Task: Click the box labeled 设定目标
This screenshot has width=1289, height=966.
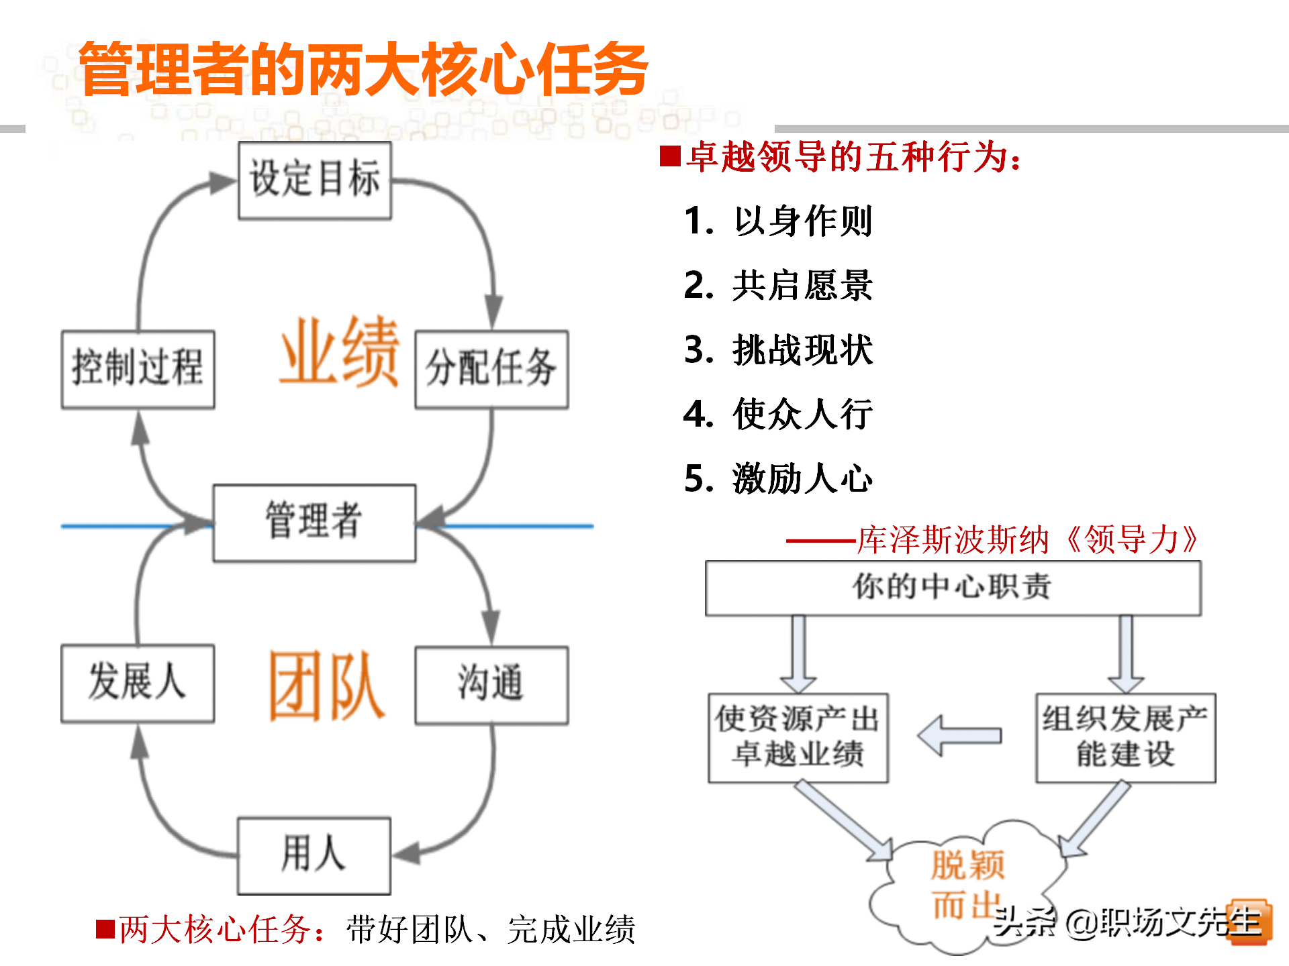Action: click(x=315, y=180)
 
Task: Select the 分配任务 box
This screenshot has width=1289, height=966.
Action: click(x=491, y=369)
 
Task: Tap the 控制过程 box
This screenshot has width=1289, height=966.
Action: click(x=138, y=369)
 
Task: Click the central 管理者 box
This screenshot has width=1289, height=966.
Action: click(x=314, y=523)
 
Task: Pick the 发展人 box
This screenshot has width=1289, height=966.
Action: click(x=138, y=684)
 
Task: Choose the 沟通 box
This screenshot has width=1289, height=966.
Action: click(x=491, y=685)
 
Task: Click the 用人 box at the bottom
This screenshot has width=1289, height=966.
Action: click(x=314, y=855)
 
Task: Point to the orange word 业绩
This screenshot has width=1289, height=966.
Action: click(x=340, y=352)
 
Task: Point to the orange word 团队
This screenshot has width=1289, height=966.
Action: click(x=327, y=686)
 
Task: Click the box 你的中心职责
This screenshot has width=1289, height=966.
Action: click(x=953, y=588)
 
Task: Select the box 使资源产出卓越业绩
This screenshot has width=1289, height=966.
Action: click(x=798, y=737)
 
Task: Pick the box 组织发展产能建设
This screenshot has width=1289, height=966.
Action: click(x=1125, y=737)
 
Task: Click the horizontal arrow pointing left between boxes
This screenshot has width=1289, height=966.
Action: click(x=960, y=736)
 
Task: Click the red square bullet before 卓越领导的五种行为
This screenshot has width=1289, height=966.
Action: click(x=670, y=156)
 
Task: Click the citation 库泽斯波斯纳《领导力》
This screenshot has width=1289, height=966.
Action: click(x=1027, y=540)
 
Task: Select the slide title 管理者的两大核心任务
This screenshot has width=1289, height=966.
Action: click(x=363, y=69)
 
